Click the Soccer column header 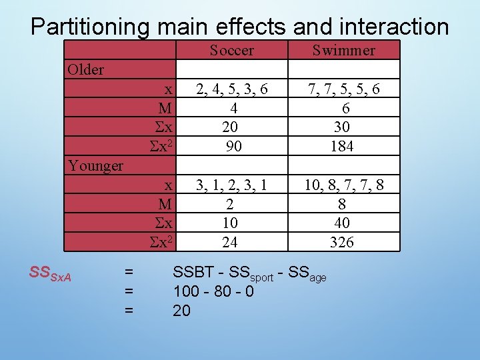pos(231,50)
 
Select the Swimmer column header pos(343,50)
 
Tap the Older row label pos(86,70)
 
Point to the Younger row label pos(96,165)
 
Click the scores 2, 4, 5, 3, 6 pos(231,89)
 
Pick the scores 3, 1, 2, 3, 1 pos(231,185)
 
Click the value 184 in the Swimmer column pos(342,146)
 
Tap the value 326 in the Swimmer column pos(342,243)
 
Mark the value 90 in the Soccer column pos(233,146)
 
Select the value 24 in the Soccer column pos(229,243)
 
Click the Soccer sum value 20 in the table pos(230,127)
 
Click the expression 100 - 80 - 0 pos(213,291)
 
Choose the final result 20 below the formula pos(181,311)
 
